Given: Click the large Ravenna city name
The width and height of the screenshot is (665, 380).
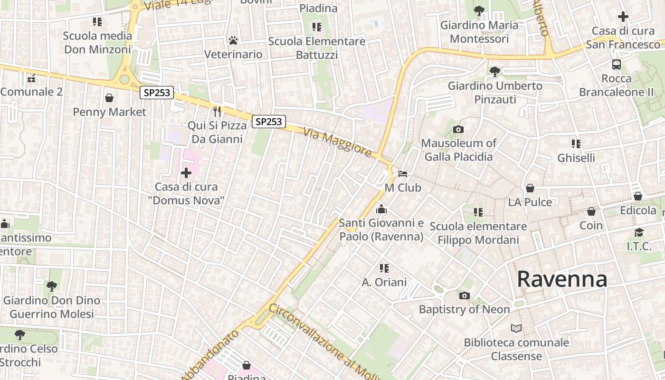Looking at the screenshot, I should (562, 279).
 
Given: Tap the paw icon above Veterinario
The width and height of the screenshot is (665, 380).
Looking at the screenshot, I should (233, 40).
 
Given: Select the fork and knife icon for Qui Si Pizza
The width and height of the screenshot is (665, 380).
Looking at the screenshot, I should (217, 112).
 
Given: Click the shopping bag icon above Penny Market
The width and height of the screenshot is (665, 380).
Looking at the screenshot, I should (109, 98).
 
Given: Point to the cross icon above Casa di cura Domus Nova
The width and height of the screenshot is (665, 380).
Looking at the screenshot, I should (186, 172).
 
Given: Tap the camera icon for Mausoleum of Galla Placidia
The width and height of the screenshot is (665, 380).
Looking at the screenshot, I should (458, 129).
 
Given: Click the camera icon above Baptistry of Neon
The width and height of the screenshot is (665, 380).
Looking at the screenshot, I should (464, 295).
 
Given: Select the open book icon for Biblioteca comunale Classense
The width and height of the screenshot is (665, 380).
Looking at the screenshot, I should (516, 328).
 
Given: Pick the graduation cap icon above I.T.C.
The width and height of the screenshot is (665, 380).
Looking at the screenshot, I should (639, 232).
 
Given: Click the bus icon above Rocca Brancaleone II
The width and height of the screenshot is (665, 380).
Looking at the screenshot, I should (616, 65).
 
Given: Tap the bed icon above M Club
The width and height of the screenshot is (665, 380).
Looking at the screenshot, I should (403, 174).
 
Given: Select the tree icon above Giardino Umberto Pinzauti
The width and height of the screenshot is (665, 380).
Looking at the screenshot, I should (494, 72).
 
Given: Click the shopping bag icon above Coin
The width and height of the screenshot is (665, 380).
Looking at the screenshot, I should (591, 211).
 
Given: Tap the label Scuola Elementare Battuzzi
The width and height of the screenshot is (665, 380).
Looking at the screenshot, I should (317, 48).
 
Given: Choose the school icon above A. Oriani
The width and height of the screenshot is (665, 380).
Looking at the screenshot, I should (384, 268).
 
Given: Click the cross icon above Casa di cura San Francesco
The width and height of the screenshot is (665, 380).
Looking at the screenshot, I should (623, 17).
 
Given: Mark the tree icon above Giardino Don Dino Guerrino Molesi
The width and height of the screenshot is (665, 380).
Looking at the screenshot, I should (52, 286).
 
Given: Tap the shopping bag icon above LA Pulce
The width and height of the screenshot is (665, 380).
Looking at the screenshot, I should (530, 188).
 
